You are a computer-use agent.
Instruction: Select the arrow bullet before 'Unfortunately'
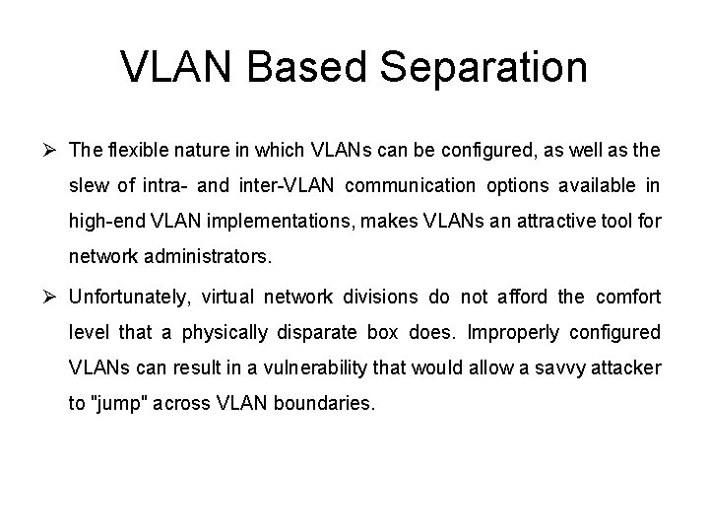pos(53,296)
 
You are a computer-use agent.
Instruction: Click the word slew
pos(89,187)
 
